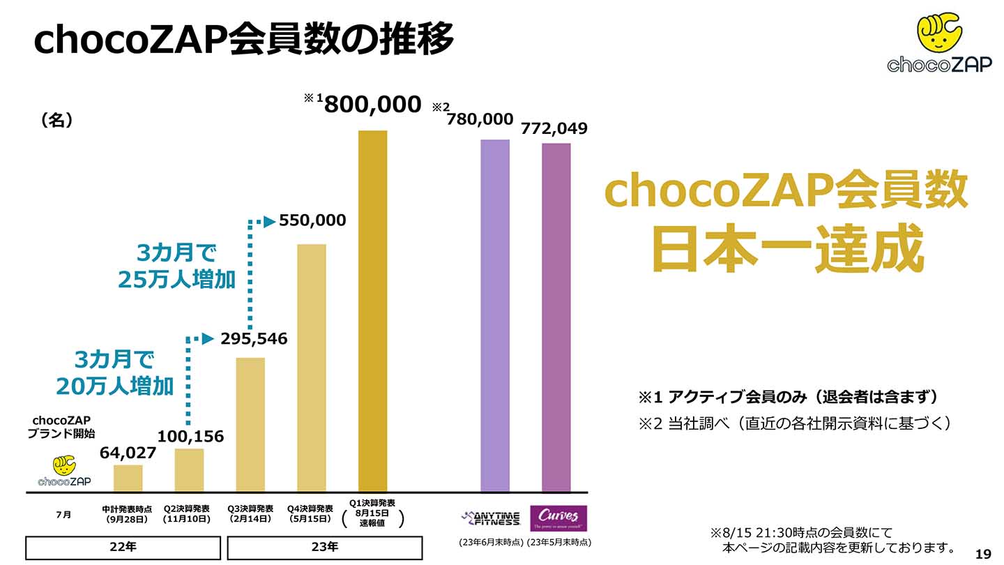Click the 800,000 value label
point(373,105)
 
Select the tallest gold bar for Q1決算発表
point(372,311)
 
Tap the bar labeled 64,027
point(128,479)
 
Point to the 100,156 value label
point(190,437)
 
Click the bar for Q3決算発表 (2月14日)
point(250,425)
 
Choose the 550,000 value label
point(312,220)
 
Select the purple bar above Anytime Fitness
point(495,316)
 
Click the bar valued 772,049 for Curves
point(556,318)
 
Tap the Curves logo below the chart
point(558,518)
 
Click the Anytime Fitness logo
point(491,518)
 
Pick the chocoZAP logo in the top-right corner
point(939,43)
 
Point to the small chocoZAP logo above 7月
point(63,472)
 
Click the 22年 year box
point(123,547)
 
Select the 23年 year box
point(324,547)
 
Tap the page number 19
point(983,554)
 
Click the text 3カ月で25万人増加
point(176,266)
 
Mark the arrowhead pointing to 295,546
point(207,339)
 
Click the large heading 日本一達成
point(787,248)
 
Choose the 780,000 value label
point(480,119)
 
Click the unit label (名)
point(57,120)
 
